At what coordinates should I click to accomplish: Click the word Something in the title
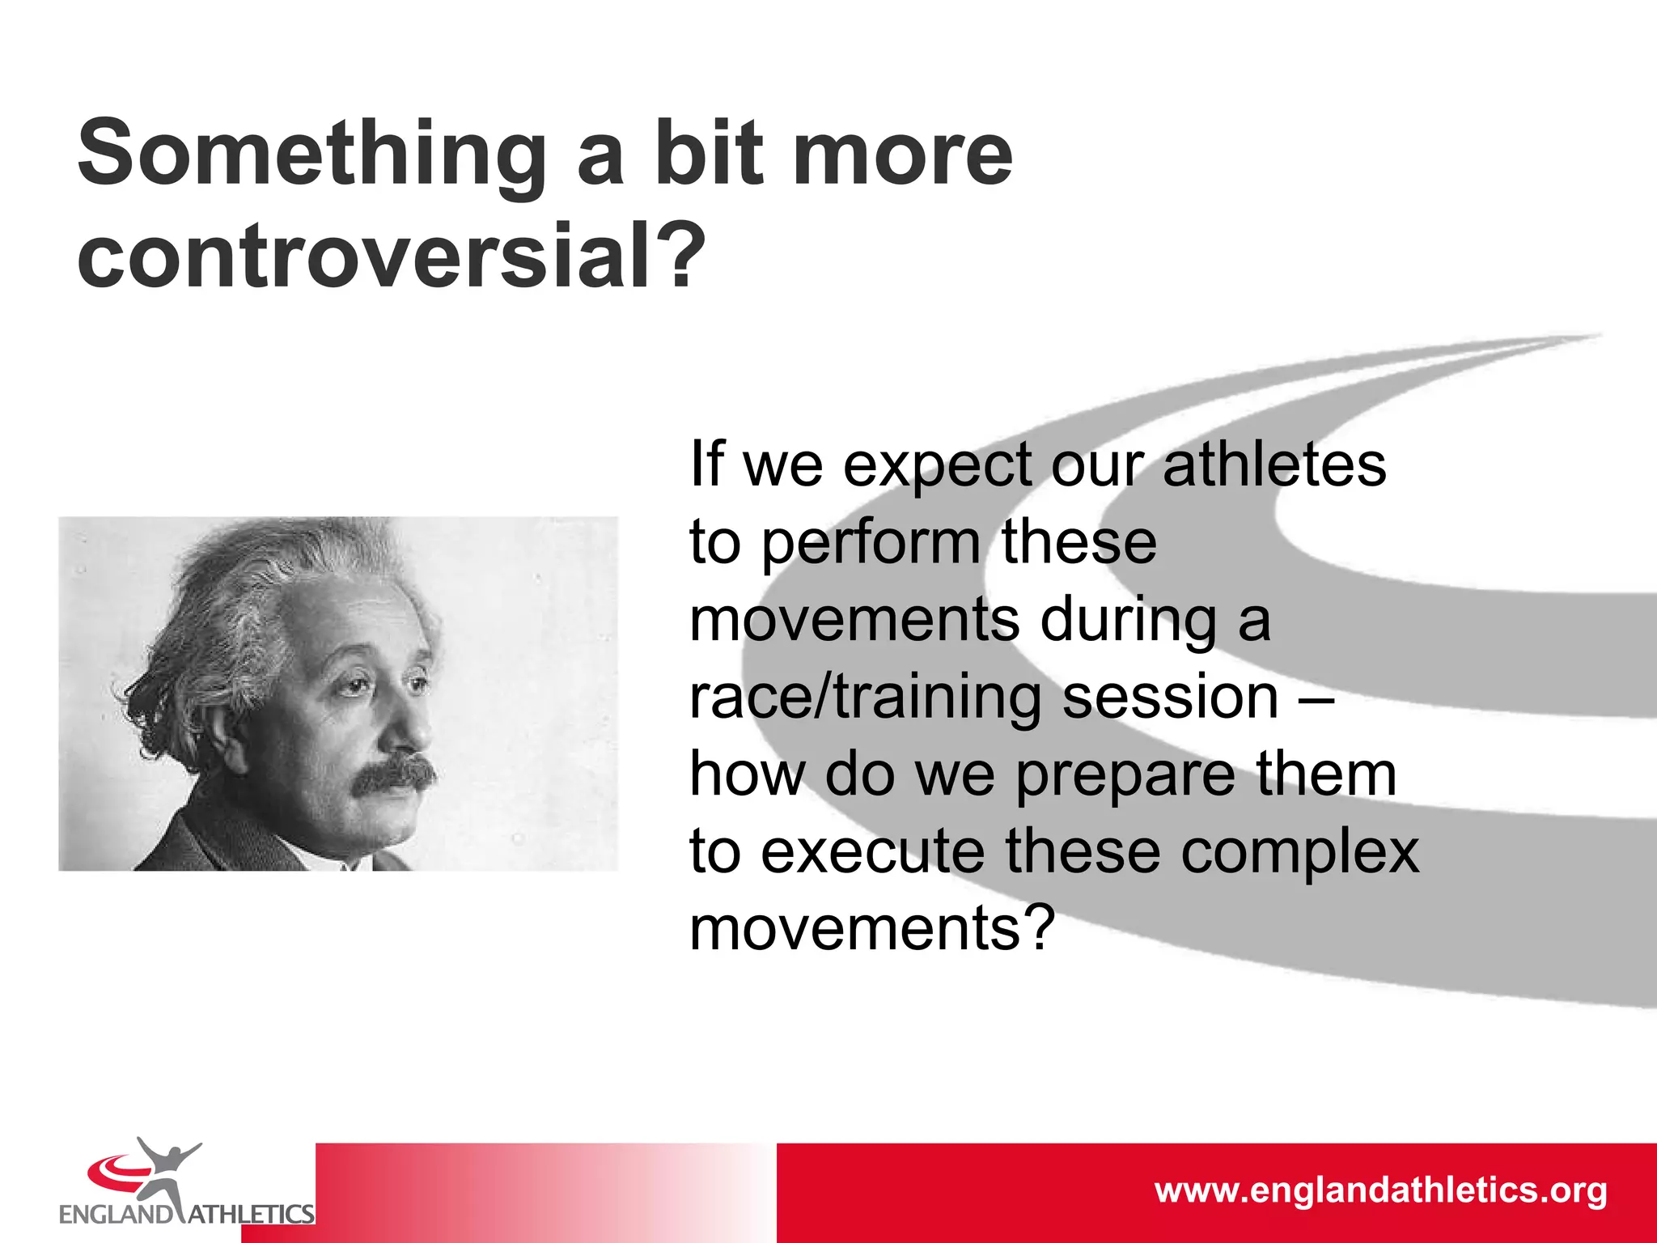pos(312,154)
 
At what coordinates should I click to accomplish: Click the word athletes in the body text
pos(1274,465)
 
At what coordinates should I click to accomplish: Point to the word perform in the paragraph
pos(871,544)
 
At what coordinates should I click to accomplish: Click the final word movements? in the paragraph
pos(872,928)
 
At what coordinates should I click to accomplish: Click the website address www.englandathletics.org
pos(1380,1190)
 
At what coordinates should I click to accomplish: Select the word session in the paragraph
pos(1169,697)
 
